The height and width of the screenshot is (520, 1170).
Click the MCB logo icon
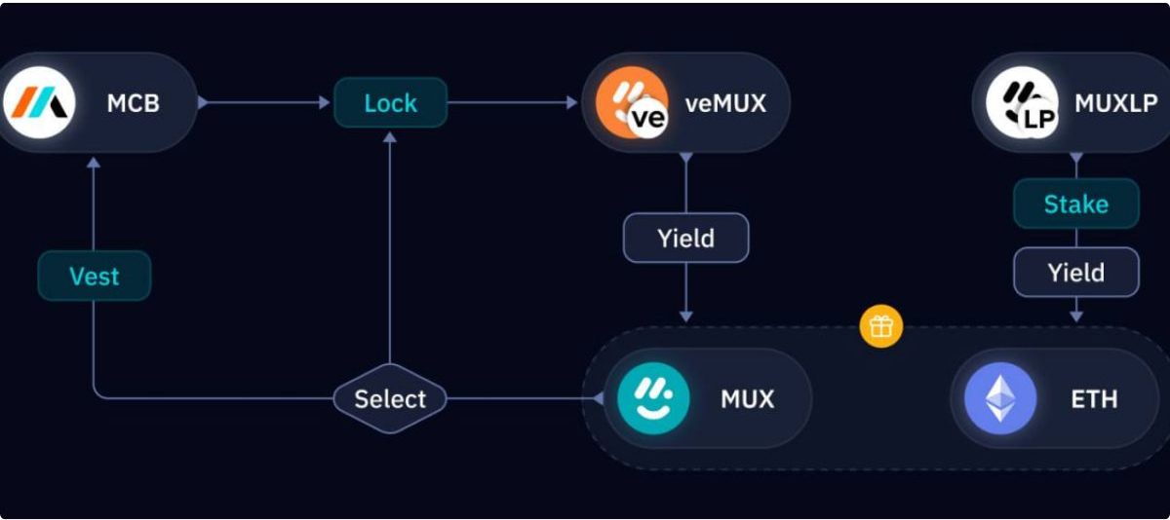point(38,102)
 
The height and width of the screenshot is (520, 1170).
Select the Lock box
point(390,102)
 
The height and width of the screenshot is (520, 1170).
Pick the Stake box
point(1075,204)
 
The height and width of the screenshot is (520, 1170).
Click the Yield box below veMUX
point(685,238)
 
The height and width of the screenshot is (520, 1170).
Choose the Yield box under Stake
point(1075,272)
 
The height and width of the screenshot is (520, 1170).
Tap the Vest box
point(94,276)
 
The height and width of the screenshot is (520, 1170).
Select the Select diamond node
point(390,398)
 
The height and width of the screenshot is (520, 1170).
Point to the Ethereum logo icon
point(1000,398)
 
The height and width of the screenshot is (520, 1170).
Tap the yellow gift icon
point(881,327)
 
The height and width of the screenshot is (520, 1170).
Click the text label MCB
point(133,103)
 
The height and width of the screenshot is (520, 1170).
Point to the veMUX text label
point(725,103)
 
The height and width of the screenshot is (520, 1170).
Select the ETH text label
point(1093,398)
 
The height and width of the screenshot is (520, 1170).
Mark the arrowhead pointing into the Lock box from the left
point(325,102)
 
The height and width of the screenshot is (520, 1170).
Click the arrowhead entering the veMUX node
point(572,102)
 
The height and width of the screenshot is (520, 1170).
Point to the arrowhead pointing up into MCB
point(94,163)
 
